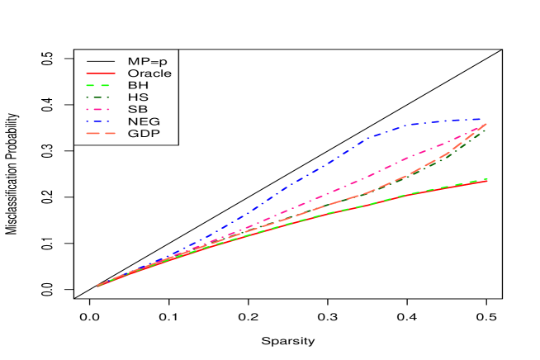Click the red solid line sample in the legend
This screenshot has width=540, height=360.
pos(101,73)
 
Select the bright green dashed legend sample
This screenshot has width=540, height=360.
pos(97,85)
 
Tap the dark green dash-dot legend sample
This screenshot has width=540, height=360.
pos(97,97)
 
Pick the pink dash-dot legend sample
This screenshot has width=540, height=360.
pos(97,109)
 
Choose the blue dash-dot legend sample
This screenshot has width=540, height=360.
pos(97,121)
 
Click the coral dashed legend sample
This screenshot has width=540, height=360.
pos(101,133)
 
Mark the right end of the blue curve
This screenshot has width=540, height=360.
pos(482,120)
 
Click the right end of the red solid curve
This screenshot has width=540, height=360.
pos(487,180)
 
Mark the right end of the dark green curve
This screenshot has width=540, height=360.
pos(486,130)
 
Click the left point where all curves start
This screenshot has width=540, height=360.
pos(97,286)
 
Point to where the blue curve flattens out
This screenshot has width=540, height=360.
pos(409,126)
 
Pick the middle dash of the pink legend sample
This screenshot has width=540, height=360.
pos(97,109)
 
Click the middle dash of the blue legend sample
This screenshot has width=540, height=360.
pos(97,121)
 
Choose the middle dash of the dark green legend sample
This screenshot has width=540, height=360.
pos(97,97)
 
